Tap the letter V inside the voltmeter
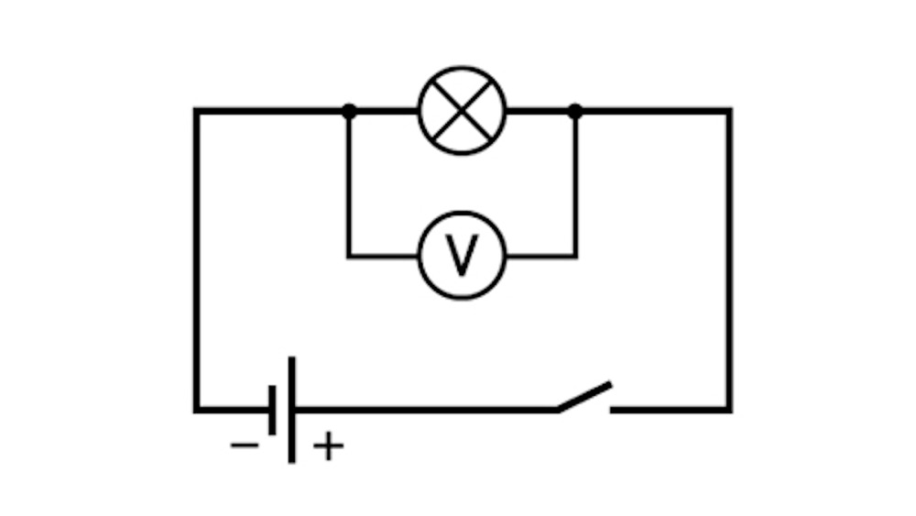(462, 256)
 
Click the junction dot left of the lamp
(349, 111)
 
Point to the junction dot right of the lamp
(575, 111)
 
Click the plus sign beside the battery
(329, 445)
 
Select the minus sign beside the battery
(245, 445)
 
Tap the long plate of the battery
(291, 410)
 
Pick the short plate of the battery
(272, 410)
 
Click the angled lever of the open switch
(584, 397)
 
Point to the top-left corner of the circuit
(197, 111)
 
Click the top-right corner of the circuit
(729, 111)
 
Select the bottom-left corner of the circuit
(197, 410)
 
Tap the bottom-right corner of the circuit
(729, 410)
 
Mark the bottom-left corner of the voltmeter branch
(349, 256)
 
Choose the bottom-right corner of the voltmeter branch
(575, 256)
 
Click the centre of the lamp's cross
(462, 111)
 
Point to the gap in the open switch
(584, 410)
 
